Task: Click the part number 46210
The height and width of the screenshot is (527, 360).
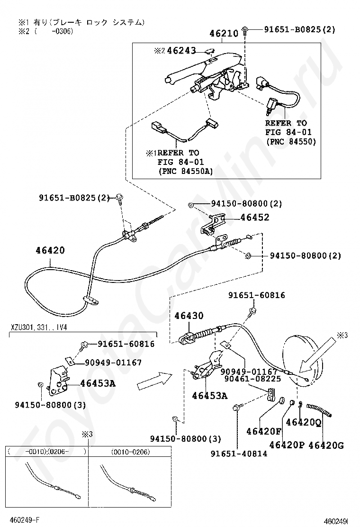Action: (x=224, y=34)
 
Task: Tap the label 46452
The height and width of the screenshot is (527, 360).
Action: (x=255, y=218)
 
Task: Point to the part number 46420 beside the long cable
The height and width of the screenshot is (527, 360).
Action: (x=49, y=250)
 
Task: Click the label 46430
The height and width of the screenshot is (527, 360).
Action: (x=188, y=315)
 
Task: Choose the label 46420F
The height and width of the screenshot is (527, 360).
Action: (x=264, y=431)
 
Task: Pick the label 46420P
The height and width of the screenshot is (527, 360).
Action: (x=287, y=445)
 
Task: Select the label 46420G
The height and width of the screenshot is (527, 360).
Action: (x=326, y=445)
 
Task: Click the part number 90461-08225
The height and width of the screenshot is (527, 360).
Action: (x=253, y=379)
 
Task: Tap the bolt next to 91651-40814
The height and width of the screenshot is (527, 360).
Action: (x=237, y=407)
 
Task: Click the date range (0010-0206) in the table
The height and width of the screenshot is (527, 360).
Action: (x=130, y=452)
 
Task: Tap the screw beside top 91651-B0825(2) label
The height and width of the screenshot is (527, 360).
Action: (x=244, y=31)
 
